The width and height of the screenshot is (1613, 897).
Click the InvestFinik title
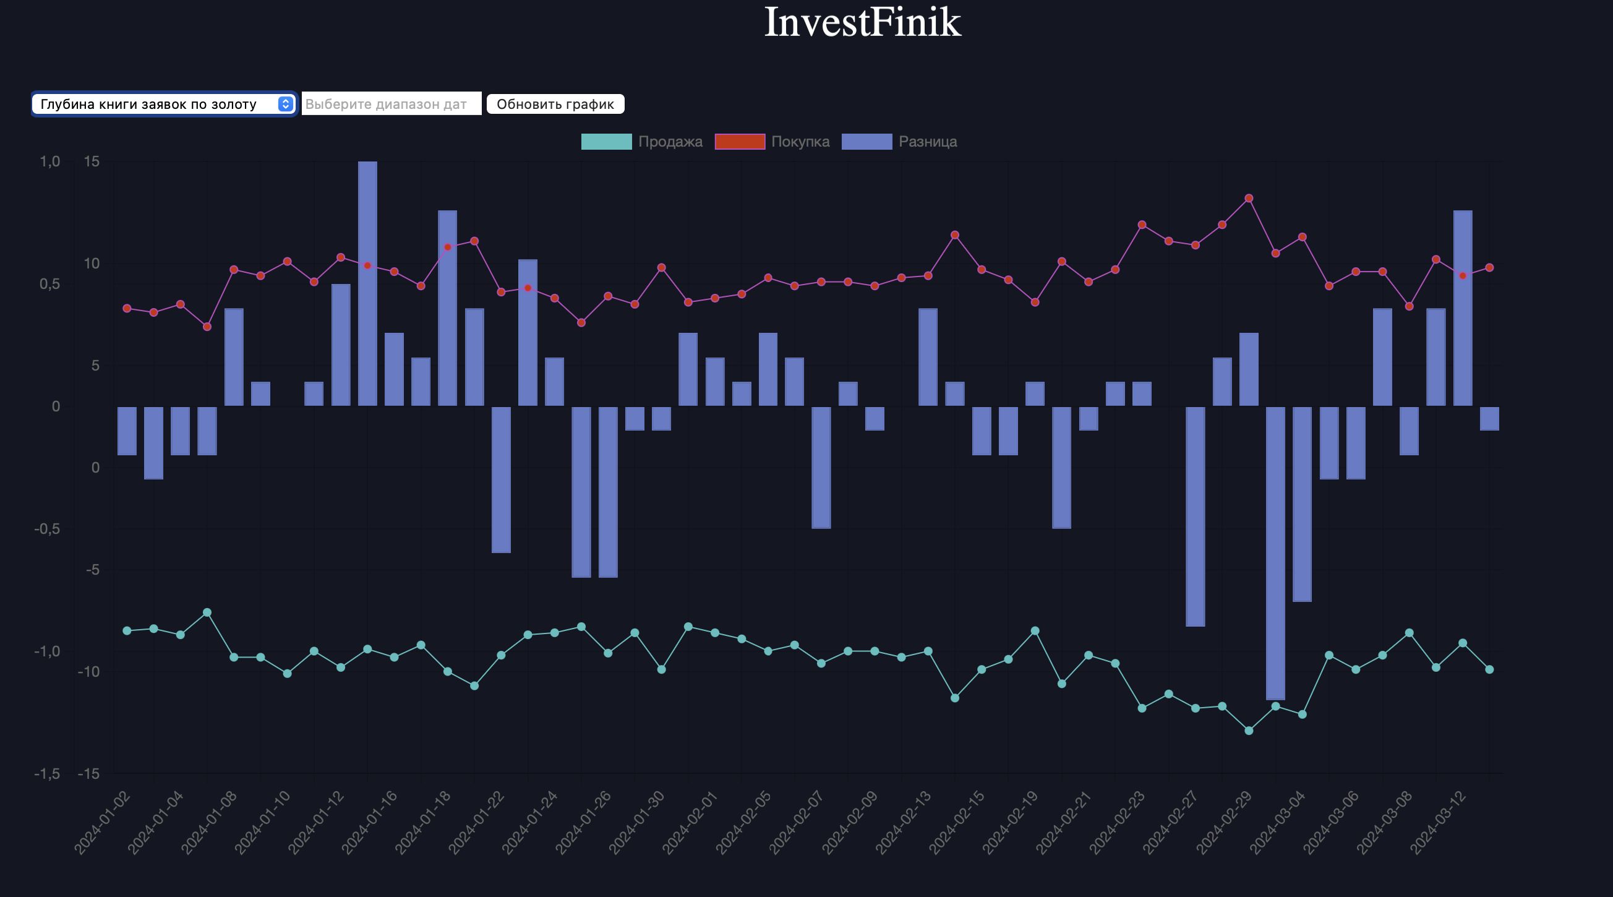click(862, 22)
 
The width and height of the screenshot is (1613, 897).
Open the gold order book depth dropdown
click(163, 104)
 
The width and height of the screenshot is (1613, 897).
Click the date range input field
click(391, 104)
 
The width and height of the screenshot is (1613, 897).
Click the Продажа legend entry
click(641, 142)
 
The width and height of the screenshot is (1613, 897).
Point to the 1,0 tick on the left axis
click(50, 161)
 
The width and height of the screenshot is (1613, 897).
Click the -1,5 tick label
click(48, 774)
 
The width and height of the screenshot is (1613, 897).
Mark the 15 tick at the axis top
click(92, 161)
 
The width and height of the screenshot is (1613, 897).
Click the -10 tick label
click(89, 671)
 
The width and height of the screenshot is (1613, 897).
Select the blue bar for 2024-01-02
click(127, 431)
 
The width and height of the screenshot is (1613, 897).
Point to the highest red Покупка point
click(1249, 199)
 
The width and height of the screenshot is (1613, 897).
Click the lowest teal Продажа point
click(1249, 731)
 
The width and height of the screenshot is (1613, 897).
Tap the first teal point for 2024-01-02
click(127, 631)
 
